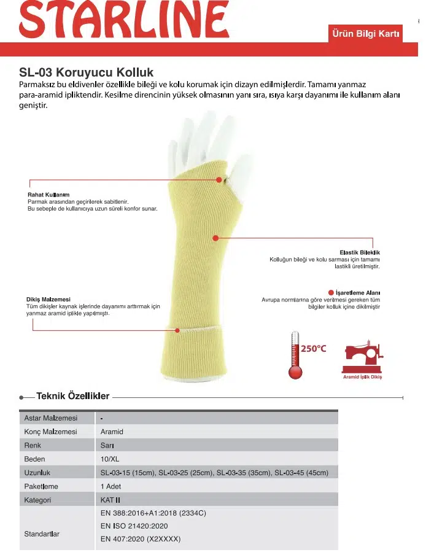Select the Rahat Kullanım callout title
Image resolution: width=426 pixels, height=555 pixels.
(x=48, y=195)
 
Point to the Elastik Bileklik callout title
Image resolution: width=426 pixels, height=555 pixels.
(x=360, y=252)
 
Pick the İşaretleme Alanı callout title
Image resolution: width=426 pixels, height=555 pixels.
(x=357, y=292)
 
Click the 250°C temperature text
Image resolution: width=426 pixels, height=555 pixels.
(x=313, y=349)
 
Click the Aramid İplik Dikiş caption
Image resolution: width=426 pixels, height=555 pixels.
(x=362, y=377)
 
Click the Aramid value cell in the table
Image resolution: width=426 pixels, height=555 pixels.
(x=112, y=432)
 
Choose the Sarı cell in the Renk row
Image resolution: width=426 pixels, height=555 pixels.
(x=107, y=445)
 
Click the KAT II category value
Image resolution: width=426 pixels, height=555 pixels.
(x=110, y=500)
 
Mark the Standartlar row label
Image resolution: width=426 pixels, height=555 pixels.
(x=42, y=534)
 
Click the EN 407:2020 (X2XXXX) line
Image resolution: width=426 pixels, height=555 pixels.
(x=141, y=540)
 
